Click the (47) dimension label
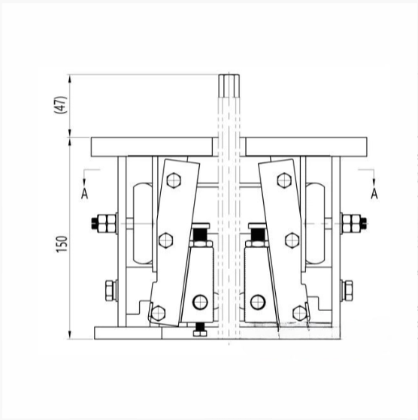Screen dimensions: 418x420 click(61, 104)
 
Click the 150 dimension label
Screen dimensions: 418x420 click(62, 243)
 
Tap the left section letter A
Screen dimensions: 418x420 click(84, 194)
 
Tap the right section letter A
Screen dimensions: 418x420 click(374, 194)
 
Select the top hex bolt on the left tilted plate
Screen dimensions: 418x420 click(174, 180)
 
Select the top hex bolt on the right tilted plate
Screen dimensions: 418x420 click(284, 180)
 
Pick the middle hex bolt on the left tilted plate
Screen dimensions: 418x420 click(165, 240)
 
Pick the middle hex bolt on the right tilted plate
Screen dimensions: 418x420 click(292, 240)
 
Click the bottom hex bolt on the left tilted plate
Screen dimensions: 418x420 click(158, 313)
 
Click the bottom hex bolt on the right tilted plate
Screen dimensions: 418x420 click(300, 313)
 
